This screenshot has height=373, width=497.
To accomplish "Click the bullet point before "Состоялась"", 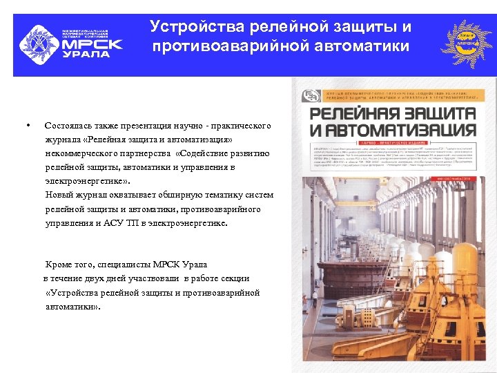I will click(x=26, y=125).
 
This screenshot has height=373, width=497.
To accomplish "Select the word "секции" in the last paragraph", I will click(x=235, y=278).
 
